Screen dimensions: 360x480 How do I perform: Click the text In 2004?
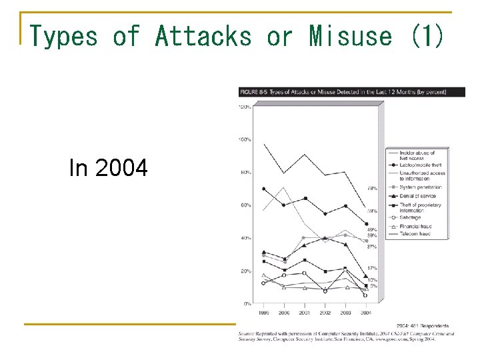108,169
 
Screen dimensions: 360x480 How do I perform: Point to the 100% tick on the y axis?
245,140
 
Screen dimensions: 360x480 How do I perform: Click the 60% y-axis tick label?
245,205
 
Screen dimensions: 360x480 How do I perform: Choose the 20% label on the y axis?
245,271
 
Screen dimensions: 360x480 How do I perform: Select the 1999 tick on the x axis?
264,312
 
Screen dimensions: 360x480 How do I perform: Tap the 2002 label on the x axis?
325,312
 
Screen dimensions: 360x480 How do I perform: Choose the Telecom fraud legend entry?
415,234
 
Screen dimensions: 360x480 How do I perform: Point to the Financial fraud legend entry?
416,226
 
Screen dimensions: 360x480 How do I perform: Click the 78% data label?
371,189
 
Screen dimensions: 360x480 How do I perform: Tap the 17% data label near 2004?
371,268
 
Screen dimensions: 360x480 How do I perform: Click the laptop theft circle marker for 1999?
264,189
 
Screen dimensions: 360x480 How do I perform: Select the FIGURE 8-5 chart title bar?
343,91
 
